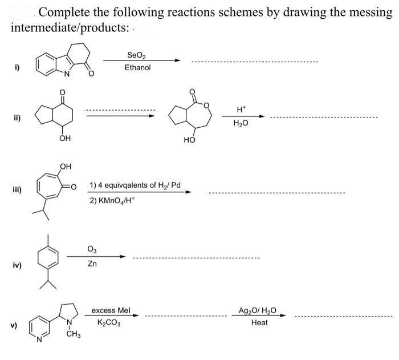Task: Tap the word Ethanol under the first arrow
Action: click(137, 68)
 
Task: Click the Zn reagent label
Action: click(92, 264)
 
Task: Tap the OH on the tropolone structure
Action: click(66, 167)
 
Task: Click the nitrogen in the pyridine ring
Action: click(38, 341)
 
